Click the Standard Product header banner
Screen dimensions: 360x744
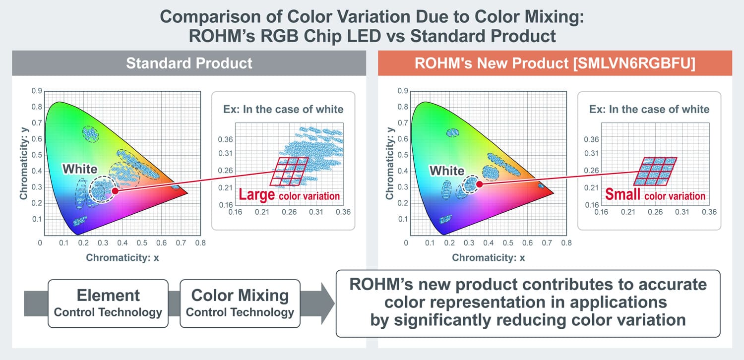click(189, 63)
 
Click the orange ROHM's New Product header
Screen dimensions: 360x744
click(555, 63)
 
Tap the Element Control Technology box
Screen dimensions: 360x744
click(108, 303)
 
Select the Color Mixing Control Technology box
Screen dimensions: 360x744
click(240, 303)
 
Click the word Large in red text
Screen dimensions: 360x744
click(256, 194)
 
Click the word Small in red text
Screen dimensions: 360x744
click(622, 194)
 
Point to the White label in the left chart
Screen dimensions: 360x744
click(80, 170)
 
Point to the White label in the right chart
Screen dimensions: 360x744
click(446, 171)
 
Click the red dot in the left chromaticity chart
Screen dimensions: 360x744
click(115, 190)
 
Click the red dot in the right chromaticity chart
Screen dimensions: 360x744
click(480, 184)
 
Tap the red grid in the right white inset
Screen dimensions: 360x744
click(656, 172)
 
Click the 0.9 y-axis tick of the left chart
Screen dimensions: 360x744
click(34, 91)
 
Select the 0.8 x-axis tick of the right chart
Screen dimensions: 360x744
click(566, 243)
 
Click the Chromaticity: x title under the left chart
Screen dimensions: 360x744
click(123, 257)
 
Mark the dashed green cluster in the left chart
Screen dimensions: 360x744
click(91, 133)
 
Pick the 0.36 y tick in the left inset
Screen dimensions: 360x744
click(225, 140)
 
